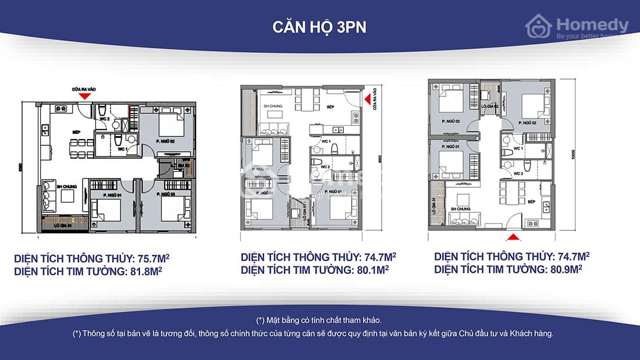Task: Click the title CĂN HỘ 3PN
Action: pyautogui.click(x=319, y=28)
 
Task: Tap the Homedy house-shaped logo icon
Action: pyautogui.click(x=539, y=26)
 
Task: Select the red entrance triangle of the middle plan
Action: pyautogui.click(x=368, y=100)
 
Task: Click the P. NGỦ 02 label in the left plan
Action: pyautogui.click(x=165, y=141)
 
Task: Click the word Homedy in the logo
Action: pyautogui.click(x=592, y=24)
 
